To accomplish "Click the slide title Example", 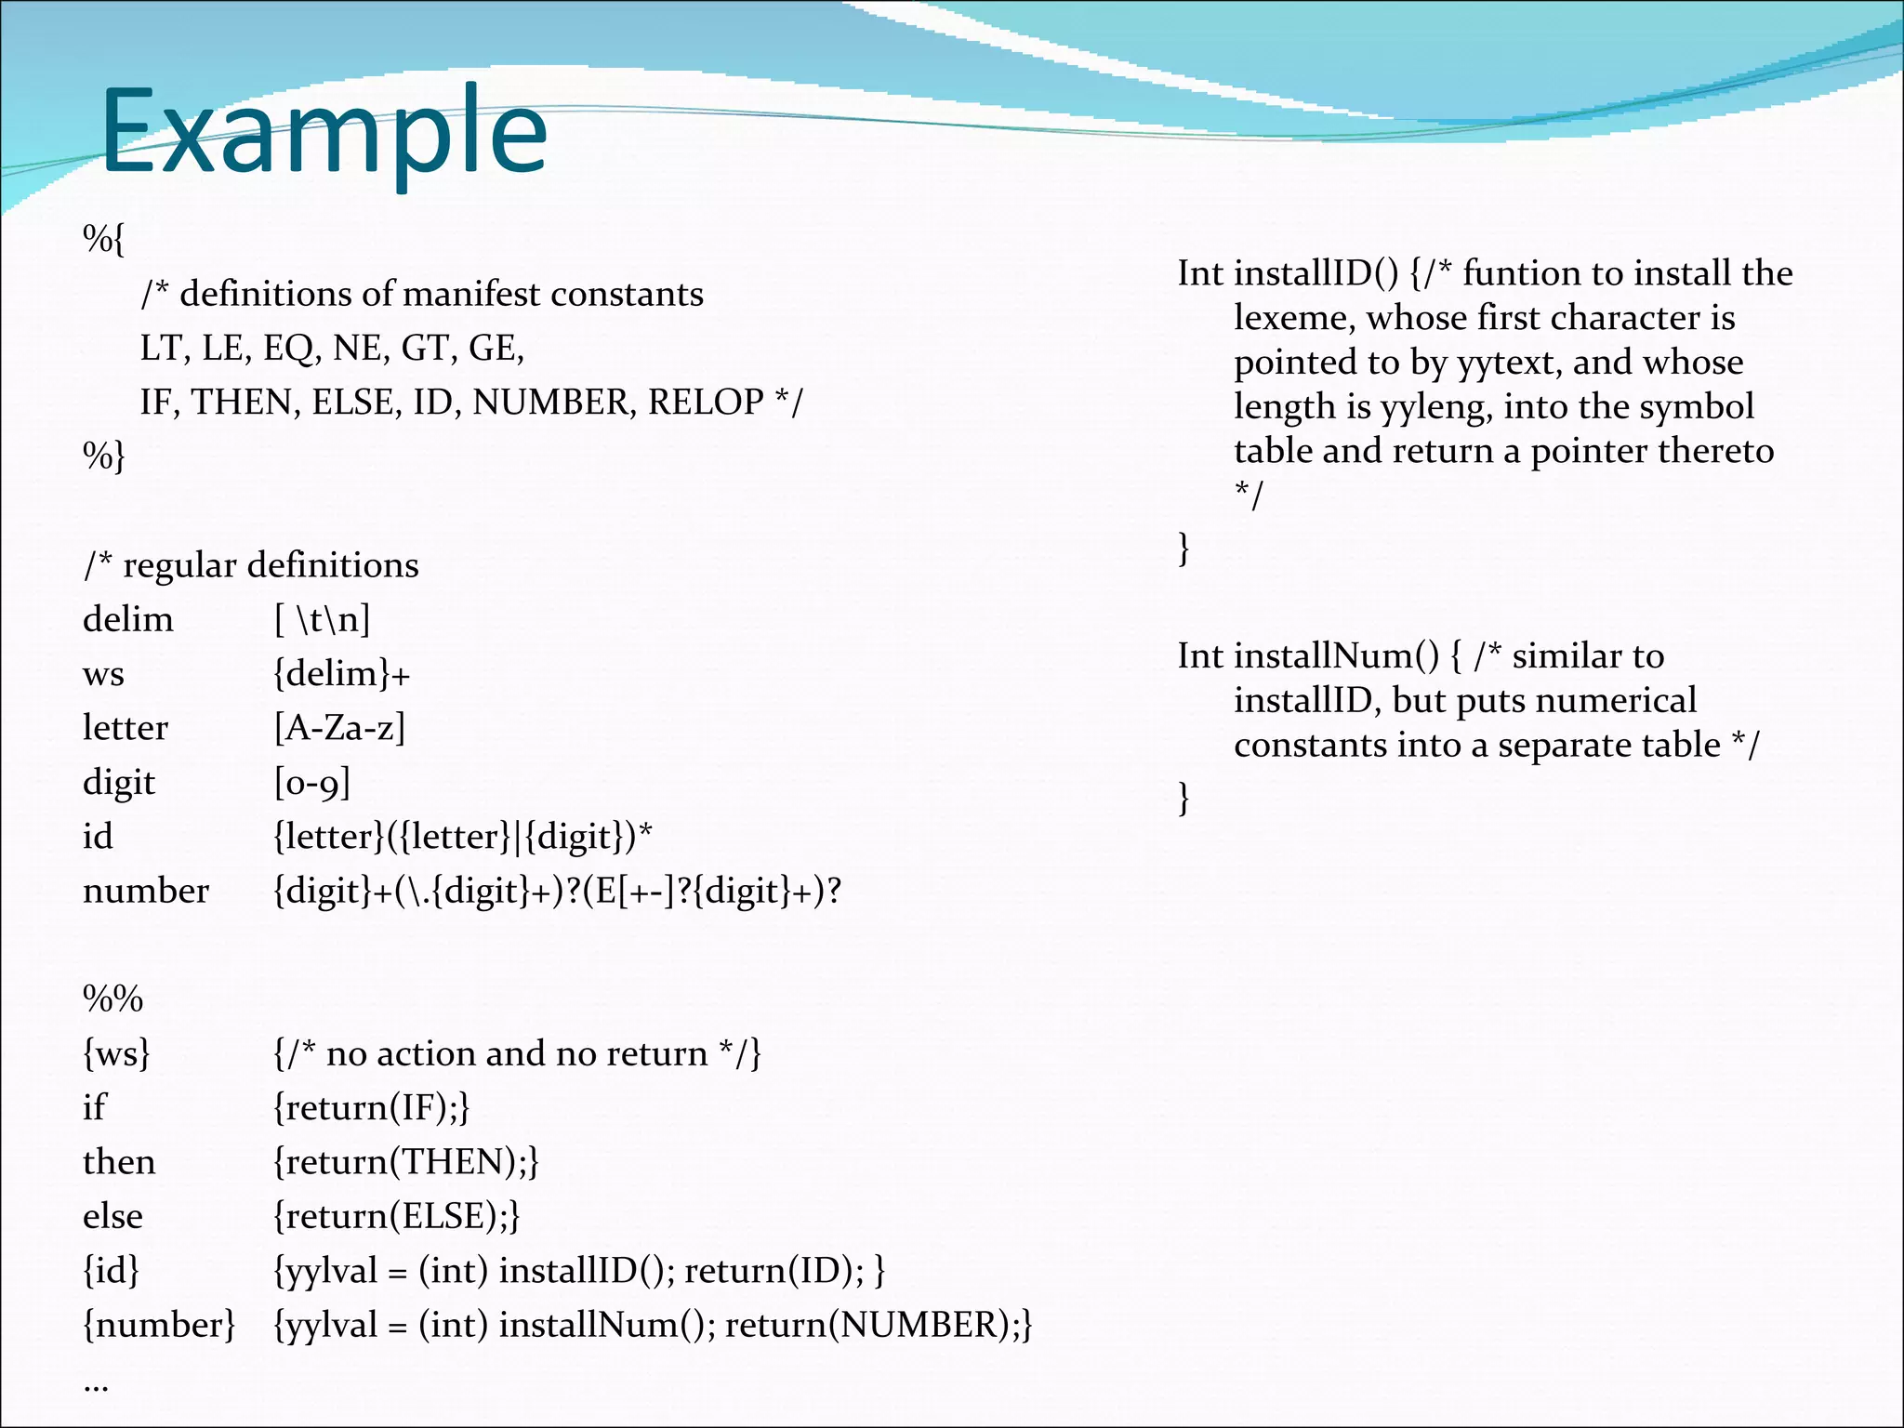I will click(x=324, y=133).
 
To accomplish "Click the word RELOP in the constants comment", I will click(x=706, y=402).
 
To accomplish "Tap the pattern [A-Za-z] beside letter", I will click(x=339, y=727).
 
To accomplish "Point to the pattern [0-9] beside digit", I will click(x=311, y=782).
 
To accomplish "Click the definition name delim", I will click(x=127, y=619).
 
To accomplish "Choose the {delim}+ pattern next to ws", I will click(x=341, y=673).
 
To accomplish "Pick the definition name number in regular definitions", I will click(x=145, y=891).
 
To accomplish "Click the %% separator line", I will click(x=112, y=998).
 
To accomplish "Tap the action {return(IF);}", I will click(x=371, y=1107).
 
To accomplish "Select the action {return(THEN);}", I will click(x=405, y=1161).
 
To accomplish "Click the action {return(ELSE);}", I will click(x=396, y=1216).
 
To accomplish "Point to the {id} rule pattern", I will click(x=111, y=1270).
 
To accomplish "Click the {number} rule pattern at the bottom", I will click(x=159, y=1324).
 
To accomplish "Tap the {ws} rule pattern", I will click(x=116, y=1053).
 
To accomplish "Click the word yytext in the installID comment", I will click(x=1508, y=363).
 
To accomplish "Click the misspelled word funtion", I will click(x=1521, y=273).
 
